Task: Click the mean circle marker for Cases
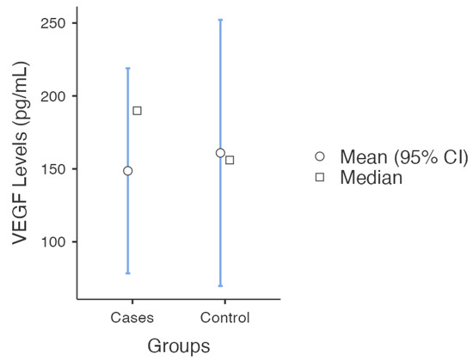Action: [128, 170]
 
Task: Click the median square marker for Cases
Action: [137, 111]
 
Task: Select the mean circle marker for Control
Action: [220, 153]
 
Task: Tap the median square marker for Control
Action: [230, 160]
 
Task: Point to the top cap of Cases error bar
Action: [128, 68]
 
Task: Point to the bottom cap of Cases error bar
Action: [128, 273]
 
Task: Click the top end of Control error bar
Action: [220, 20]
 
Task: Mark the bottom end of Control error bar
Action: [220, 285]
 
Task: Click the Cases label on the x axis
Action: [132, 318]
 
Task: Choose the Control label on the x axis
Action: [224, 318]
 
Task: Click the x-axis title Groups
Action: [178, 346]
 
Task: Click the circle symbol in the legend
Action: [320, 156]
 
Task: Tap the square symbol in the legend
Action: [320, 177]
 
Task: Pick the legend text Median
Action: [371, 177]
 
